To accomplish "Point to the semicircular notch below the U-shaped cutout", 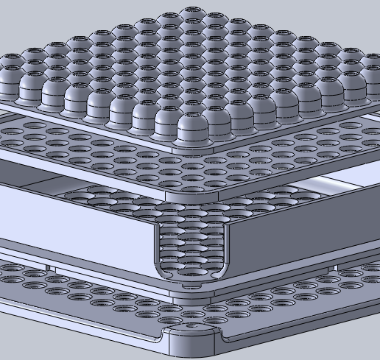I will tap(193, 284).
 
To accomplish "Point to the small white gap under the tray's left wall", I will tap(48, 267).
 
